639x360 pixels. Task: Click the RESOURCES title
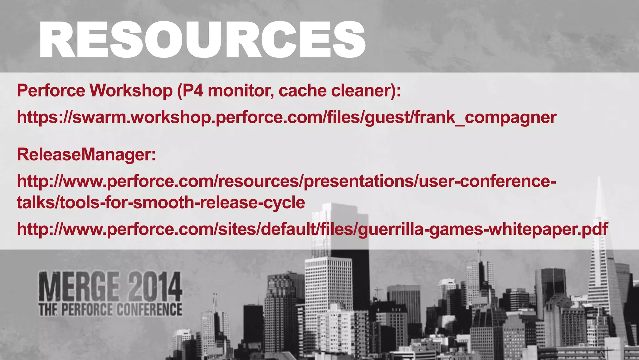click(202, 40)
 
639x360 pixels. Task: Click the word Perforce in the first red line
click(51, 91)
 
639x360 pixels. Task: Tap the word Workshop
click(131, 91)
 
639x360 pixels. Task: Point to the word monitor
click(241, 91)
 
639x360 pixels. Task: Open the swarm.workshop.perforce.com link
click(286, 118)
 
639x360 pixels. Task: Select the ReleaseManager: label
click(86, 155)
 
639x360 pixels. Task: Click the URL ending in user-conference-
click(286, 181)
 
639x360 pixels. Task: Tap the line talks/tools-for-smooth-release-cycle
click(161, 203)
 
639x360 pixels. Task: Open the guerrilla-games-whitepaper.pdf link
click(312, 229)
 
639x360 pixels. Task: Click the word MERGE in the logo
click(79, 287)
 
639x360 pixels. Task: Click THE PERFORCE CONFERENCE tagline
click(110, 310)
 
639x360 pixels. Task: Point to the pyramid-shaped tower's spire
click(599, 194)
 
